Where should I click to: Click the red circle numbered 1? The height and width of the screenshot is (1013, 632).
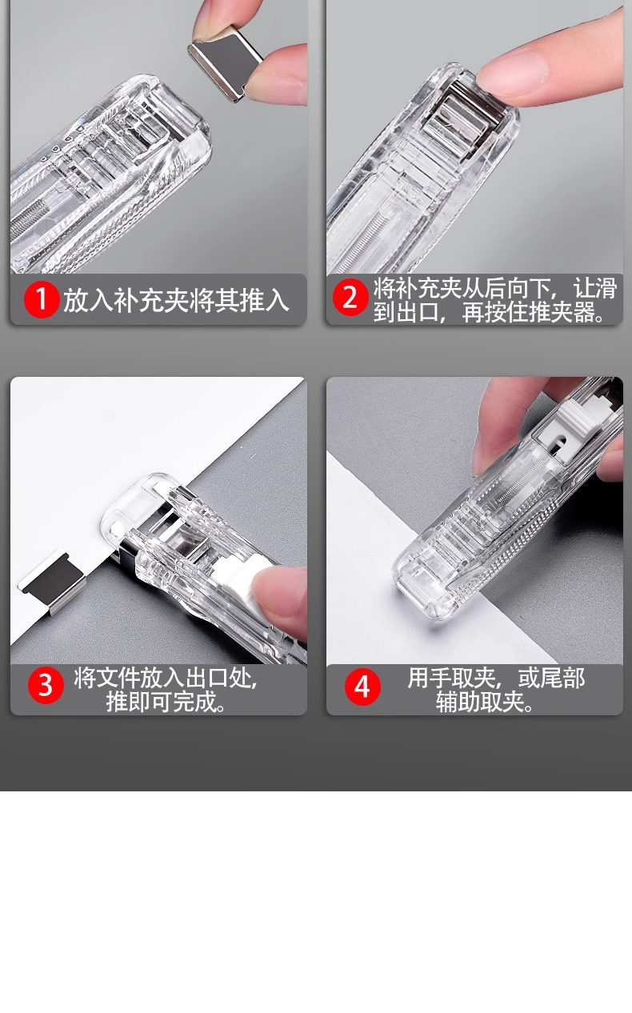(41, 299)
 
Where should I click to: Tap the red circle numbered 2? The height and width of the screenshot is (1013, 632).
(350, 298)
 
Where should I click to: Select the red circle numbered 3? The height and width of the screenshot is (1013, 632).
(46, 686)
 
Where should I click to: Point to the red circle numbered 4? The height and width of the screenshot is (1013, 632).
(362, 687)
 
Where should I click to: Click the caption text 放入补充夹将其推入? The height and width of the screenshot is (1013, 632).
(175, 300)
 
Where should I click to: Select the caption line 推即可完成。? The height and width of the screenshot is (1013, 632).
(166, 702)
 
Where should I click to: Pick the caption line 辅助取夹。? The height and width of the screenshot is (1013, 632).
(485, 702)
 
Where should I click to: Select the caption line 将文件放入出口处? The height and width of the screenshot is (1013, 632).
(166, 678)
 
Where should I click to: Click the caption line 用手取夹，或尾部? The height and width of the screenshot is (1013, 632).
(496, 678)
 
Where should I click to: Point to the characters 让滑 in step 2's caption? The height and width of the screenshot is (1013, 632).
(595, 287)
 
